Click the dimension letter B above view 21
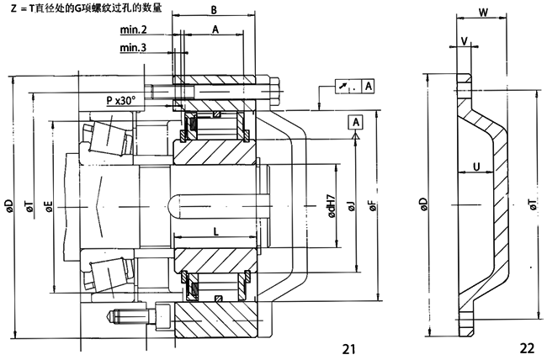tap(214, 11)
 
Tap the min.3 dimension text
tap(134, 47)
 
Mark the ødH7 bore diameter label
tap(334, 205)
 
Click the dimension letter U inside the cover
tap(476, 167)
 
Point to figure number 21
tap(350, 347)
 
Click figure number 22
tap(526, 347)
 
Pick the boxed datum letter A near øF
tap(356, 123)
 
